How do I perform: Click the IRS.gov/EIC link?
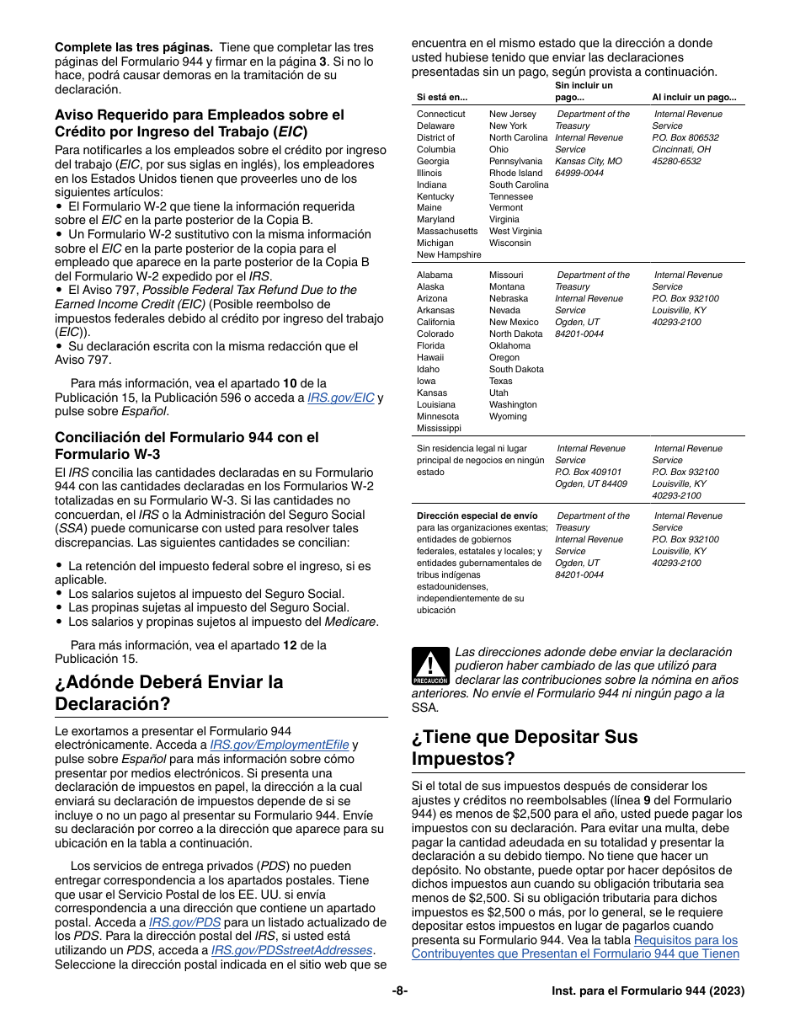(x=340, y=398)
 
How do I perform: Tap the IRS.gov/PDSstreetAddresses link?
(x=291, y=950)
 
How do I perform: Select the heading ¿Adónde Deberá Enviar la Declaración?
(x=168, y=692)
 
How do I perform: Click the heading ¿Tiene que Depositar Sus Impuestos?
(x=525, y=747)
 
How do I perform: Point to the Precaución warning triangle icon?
(x=430, y=665)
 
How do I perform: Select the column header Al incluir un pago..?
(x=694, y=97)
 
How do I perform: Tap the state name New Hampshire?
(x=449, y=254)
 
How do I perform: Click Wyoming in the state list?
(x=508, y=416)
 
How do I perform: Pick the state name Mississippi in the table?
(x=439, y=428)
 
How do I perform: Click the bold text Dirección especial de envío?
(x=477, y=515)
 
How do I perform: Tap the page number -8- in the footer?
(x=399, y=991)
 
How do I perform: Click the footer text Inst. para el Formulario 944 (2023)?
(x=642, y=991)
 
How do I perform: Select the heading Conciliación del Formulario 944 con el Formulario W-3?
(x=187, y=446)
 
